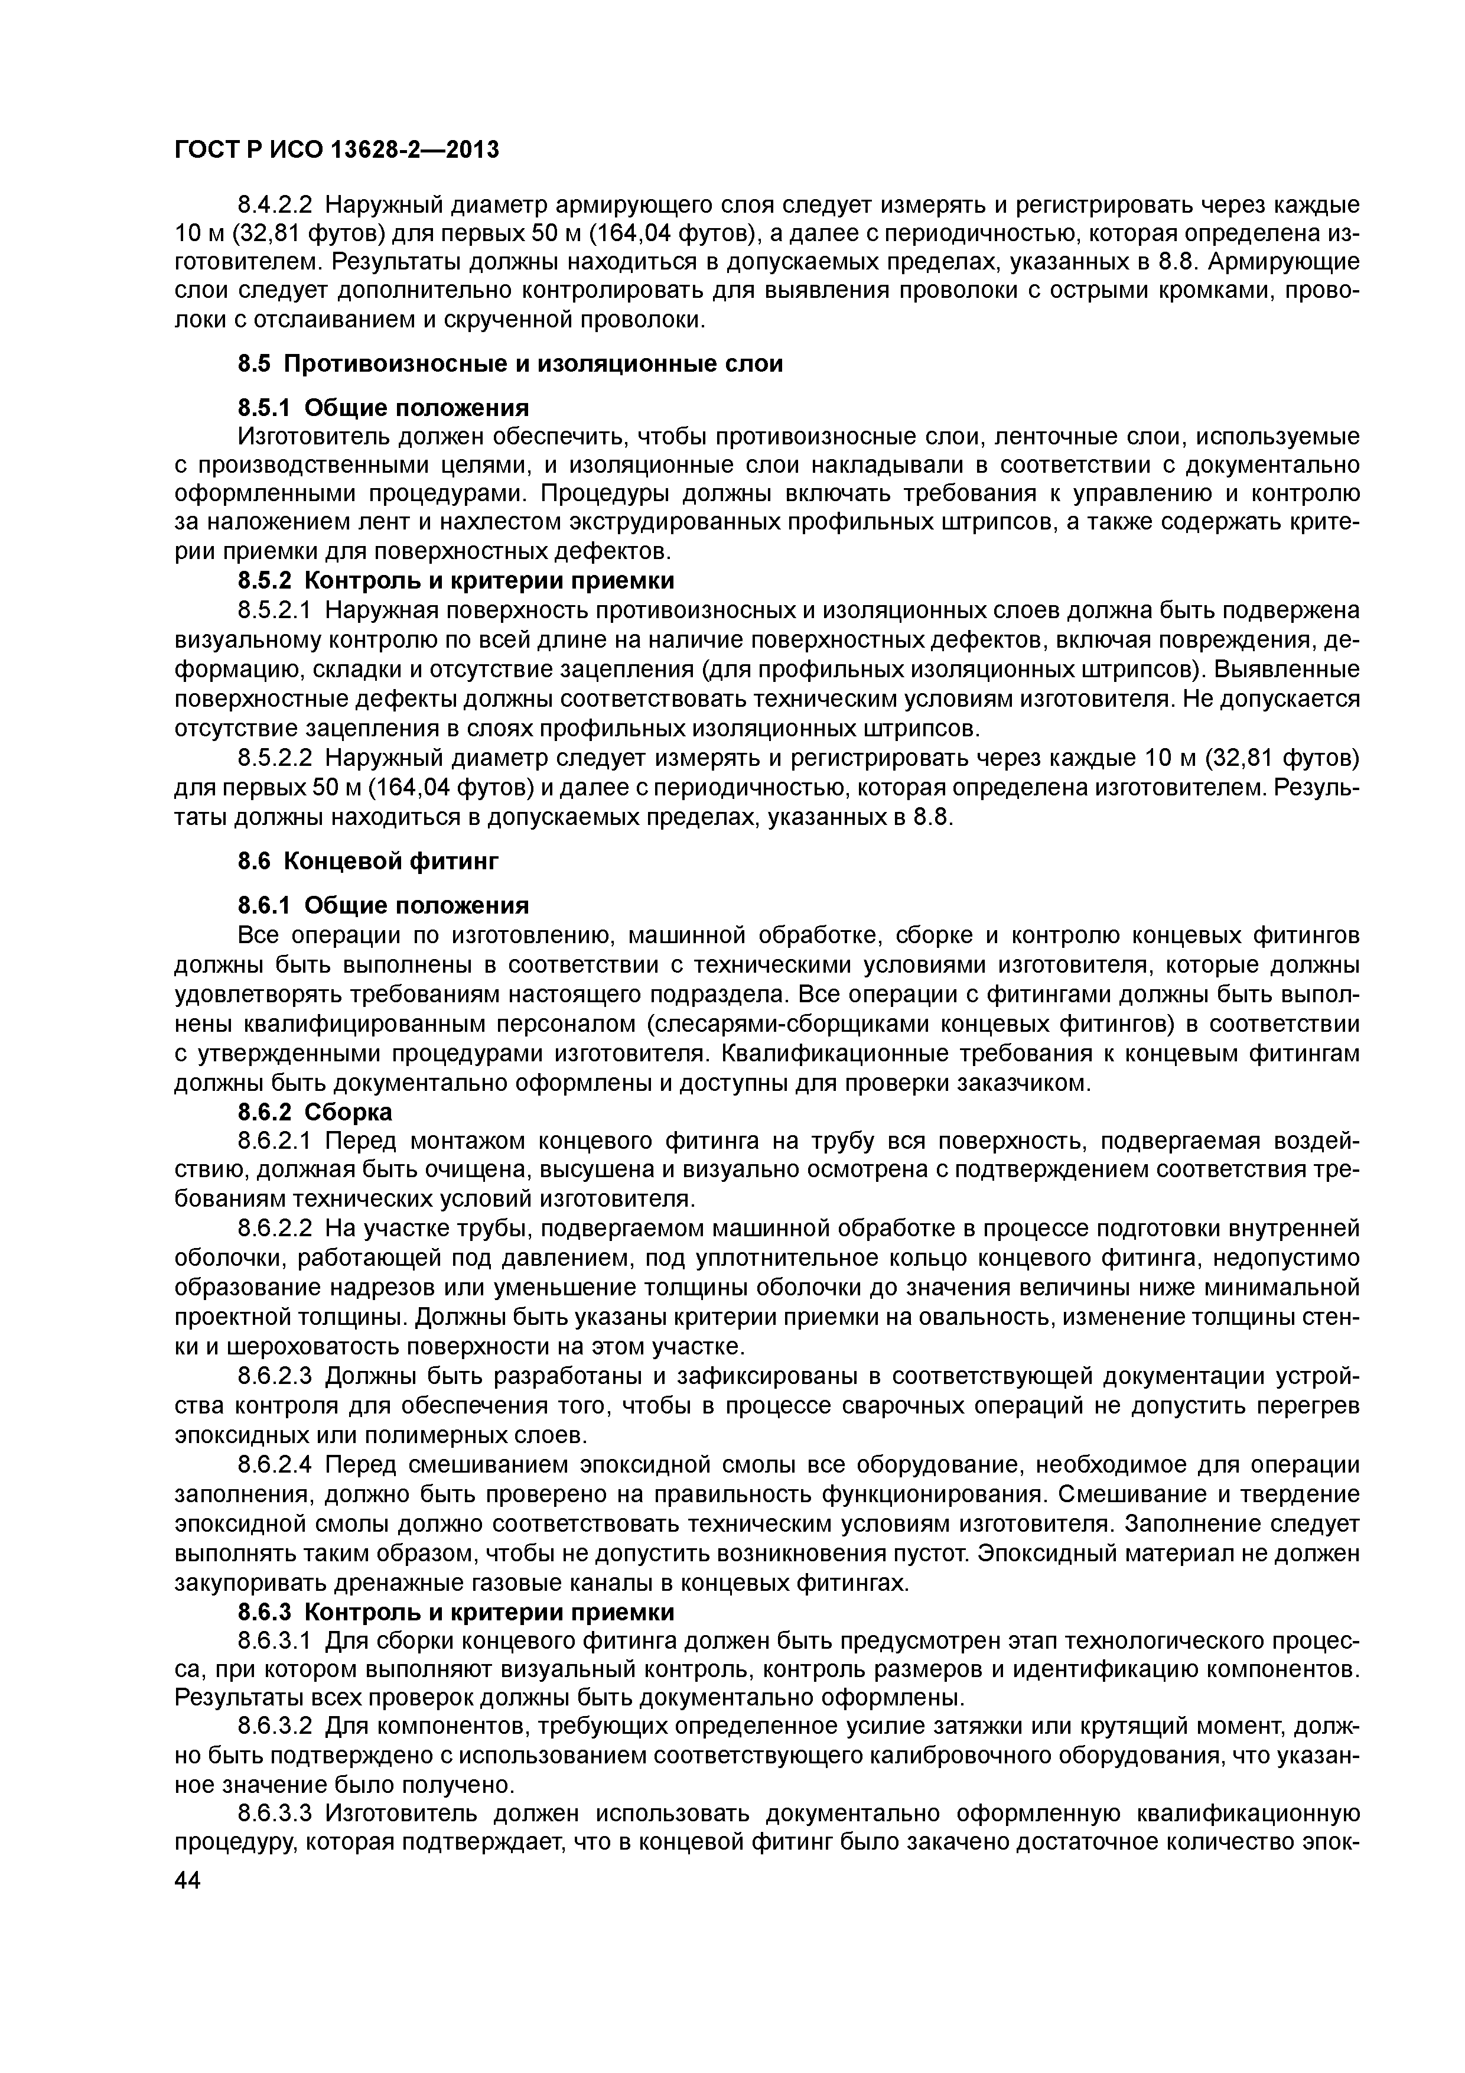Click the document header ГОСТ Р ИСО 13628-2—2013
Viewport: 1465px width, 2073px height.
pyautogui.click(x=336, y=149)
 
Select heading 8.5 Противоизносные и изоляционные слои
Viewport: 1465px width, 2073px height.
pyautogui.click(x=510, y=364)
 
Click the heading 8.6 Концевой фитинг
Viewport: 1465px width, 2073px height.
pyautogui.click(x=367, y=862)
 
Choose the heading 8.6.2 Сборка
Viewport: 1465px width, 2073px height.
pyautogui.click(x=314, y=1112)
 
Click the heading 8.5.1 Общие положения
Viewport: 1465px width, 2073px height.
pyautogui.click(x=383, y=407)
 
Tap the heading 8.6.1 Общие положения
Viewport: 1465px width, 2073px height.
pyautogui.click(x=383, y=905)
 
